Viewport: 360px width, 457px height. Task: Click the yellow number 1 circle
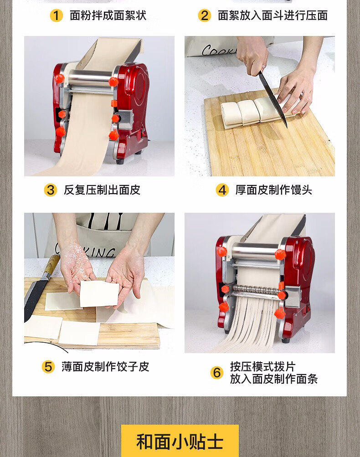click(x=56, y=15)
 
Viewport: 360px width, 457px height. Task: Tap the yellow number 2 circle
click(x=204, y=15)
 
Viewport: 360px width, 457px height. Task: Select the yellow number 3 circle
click(x=51, y=190)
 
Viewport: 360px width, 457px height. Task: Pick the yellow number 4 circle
click(x=222, y=190)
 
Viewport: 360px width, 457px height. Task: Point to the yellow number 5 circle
click(x=48, y=367)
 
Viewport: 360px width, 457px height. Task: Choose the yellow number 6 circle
click(x=217, y=372)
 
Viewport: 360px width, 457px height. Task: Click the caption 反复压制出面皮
click(x=102, y=190)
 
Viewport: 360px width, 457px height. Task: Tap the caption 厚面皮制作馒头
click(x=274, y=190)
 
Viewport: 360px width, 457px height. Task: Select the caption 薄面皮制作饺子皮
click(x=105, y=367)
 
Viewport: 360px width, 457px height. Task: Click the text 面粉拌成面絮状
click(x=108, y=15)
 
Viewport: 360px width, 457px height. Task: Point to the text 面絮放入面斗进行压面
click(x=273, y=15)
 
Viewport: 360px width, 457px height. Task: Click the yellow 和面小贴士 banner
click(x=180, y=441)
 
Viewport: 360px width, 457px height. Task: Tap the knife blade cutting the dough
click(x=273, y=99)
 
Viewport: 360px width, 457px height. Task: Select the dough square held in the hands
click(x=99, y=294)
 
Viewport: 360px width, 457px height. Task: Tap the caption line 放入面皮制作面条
click(x=274, y=379)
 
